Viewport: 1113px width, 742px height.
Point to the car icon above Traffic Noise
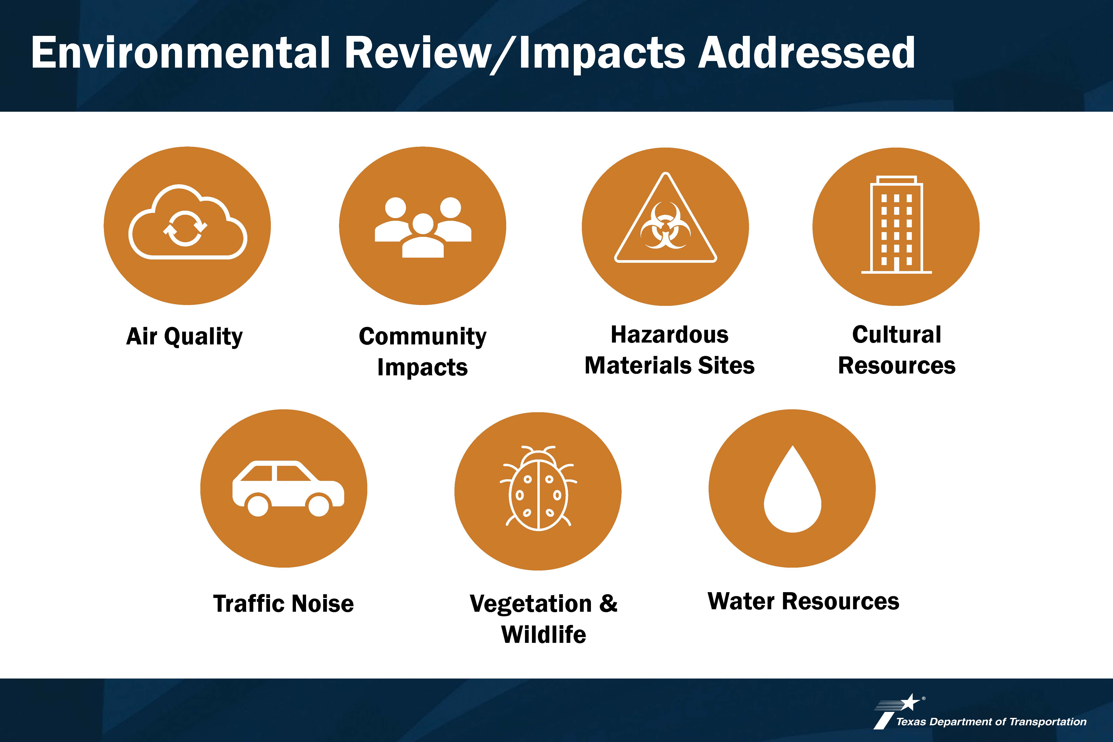pos(288,488)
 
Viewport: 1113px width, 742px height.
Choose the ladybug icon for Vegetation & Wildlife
pos(538,488)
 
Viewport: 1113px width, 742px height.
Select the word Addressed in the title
pos(806,53)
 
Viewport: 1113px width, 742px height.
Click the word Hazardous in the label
pos(670,335)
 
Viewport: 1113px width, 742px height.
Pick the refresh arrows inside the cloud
pos(185,229)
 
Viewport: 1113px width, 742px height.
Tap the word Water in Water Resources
pos(742,601)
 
